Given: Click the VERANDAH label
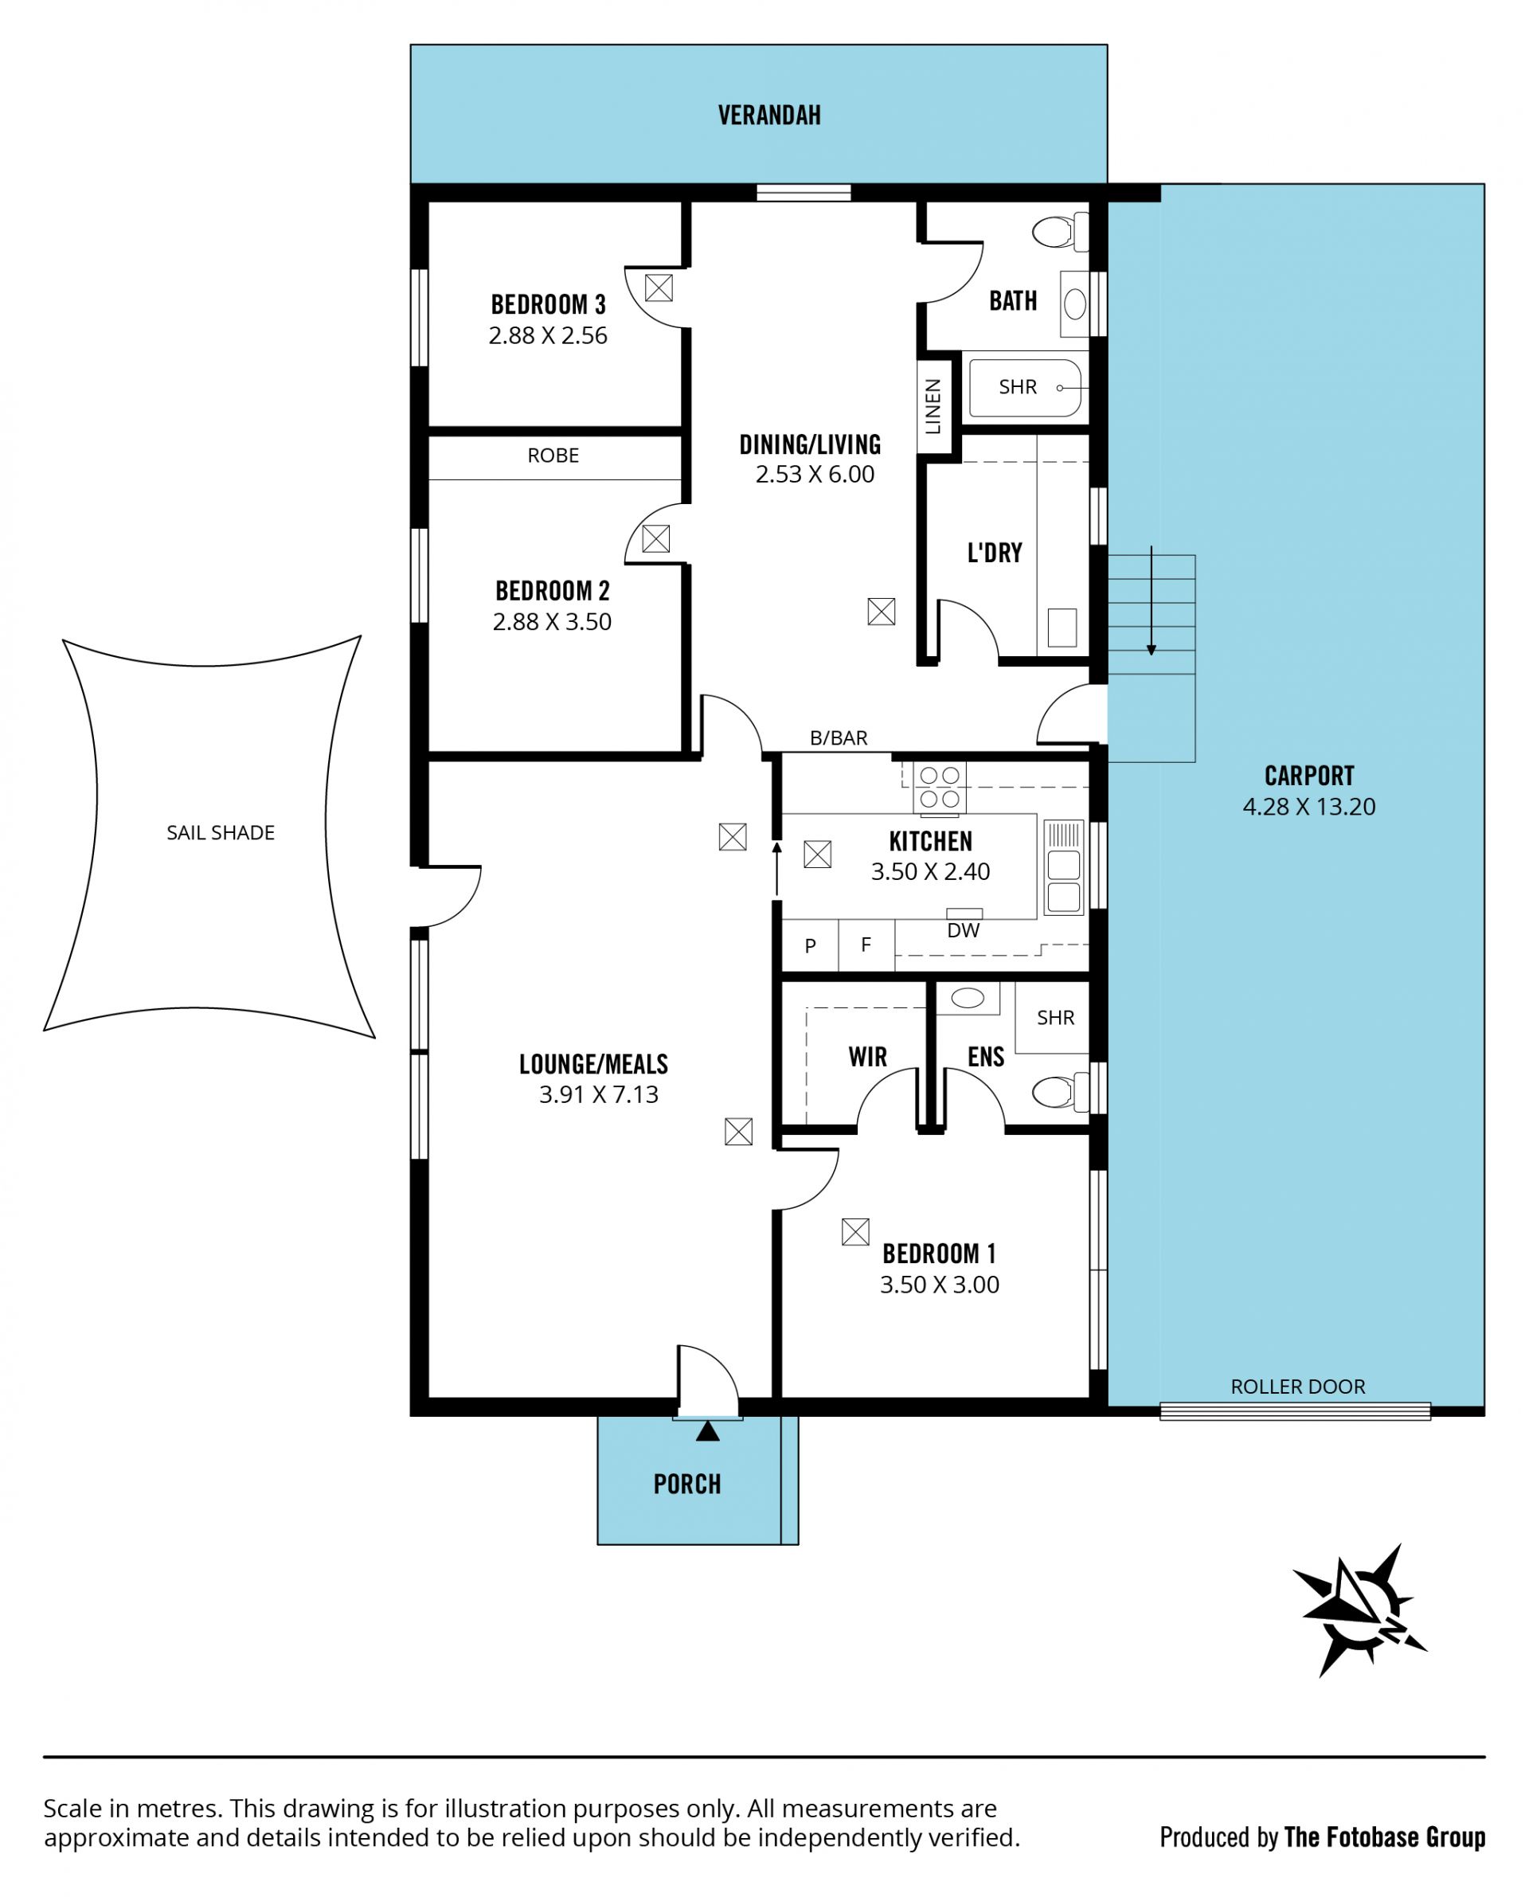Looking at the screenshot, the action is click(x=769, y=115).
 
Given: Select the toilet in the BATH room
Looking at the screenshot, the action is click(x=1060, y=233).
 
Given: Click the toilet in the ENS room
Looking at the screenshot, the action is click(x=1060, y=1092).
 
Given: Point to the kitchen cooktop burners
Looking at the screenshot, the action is click(x=939, y=788).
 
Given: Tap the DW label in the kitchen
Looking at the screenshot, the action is click(x=963, y=931).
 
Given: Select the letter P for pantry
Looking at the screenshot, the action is click(x=811, y=946).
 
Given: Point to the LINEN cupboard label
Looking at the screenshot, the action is click(x=933, y=407).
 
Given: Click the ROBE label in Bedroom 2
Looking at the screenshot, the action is click(x=553, y=456).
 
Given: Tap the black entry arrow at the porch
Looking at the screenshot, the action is click(x=707, y=1431).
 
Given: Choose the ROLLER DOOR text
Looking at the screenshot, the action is click(x=1297, y=1387).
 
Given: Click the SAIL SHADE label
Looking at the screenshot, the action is click(x=221, y=832).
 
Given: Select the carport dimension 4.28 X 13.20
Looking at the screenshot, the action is click(x=1309, y=807).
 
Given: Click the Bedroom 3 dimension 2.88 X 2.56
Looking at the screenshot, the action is click(x=548, y=335).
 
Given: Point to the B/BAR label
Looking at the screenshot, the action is click(x=839, y=738).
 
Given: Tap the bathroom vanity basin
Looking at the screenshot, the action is click(x=1074, y=305).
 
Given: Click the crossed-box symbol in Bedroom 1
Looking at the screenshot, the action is click(x=855, y=1232).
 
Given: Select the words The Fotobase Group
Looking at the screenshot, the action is click(x=1385, y=1837).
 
